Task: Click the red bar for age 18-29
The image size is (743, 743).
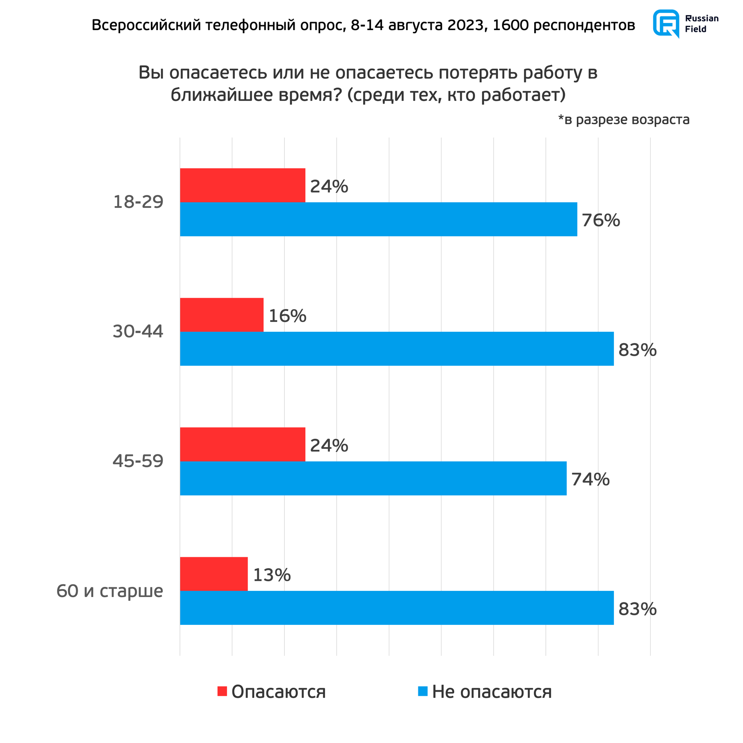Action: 242,185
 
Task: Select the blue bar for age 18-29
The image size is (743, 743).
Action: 378,219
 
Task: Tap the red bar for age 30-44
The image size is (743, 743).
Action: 222,315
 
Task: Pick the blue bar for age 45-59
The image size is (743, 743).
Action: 373,478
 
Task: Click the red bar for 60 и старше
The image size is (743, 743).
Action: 214,574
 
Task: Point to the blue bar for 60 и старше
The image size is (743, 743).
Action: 396,608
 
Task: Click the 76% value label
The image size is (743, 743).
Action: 601,220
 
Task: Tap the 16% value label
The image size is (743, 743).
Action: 287,316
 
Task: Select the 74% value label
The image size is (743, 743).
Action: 590,479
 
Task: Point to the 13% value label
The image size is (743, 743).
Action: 272,575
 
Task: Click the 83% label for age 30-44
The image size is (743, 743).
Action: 637,350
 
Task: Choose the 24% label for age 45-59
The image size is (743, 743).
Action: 329,445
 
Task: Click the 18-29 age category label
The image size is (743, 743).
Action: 138,202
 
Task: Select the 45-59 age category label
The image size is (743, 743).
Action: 138,461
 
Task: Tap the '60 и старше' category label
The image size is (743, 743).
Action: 110,591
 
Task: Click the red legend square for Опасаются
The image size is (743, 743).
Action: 222,691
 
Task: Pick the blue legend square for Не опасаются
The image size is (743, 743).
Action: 423,691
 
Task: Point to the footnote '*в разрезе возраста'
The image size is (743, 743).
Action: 624,119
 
